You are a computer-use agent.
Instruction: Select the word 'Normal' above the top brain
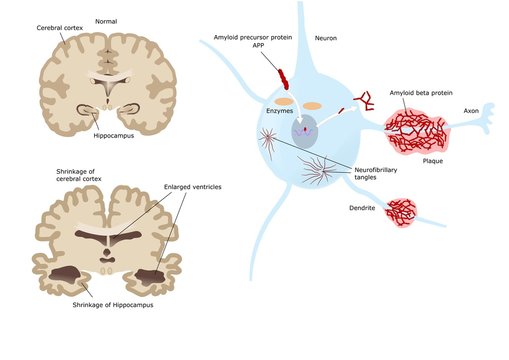tap(105, 20)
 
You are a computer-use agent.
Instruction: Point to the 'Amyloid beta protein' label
tap(421, 92)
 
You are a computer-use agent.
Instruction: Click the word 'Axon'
tap(470, 111)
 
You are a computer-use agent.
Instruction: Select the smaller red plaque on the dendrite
tap(400, 211)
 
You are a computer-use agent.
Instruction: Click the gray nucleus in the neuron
tap(304, 129)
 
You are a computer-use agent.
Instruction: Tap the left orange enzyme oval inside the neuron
tap(285, 102)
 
